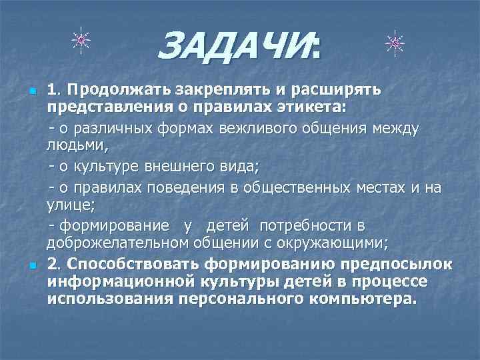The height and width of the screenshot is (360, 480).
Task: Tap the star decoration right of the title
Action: tap(395, 43)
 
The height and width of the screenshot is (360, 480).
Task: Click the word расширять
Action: tap(324, 89)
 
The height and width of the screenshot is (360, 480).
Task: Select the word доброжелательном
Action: tap(117, 242)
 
